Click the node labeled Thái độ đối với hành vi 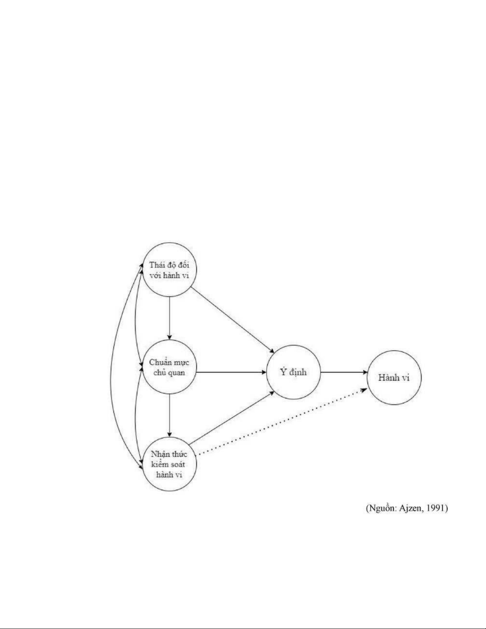coord(169,270)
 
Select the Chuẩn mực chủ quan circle coord(169,367)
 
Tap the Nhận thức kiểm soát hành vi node coord(169,464)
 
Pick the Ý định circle coord(293,372)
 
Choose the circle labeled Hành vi coord(394,377)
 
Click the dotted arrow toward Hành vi coord(282,421)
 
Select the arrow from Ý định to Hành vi coord(344,373)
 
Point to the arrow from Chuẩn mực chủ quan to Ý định coord(231,373)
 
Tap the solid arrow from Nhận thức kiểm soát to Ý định coord(231,417)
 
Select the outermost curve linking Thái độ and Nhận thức coord(111,367)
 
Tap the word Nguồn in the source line coord(381,508)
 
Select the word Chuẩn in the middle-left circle coord(158,362)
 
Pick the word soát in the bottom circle coord(177,464)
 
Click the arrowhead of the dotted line coord(364,390)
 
